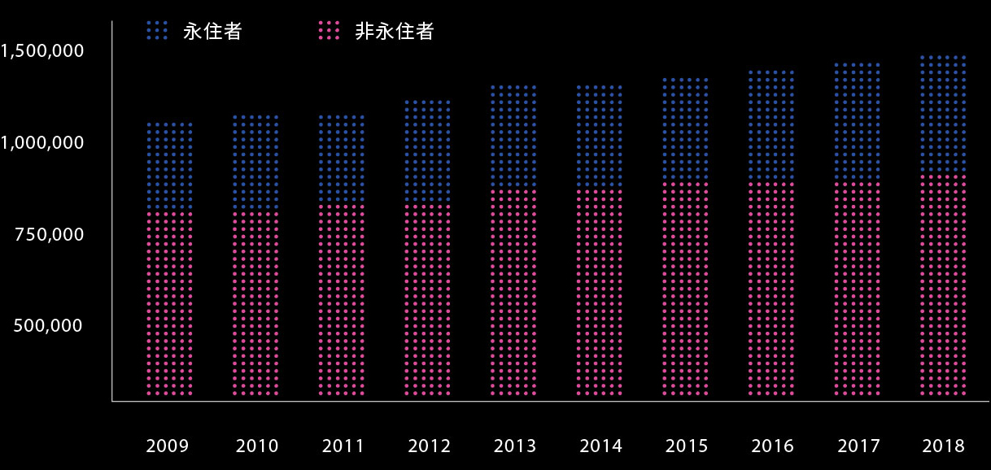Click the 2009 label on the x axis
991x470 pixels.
tap(168, 446)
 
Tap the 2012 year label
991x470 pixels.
tap(429, 446)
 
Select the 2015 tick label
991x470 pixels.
tap(687, 446)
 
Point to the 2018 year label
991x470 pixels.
tap(944, 446)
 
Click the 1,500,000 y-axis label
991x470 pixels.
tap(42, 51)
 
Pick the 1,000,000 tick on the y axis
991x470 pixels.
tap(42, 142)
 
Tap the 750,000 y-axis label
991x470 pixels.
tap(50, 234)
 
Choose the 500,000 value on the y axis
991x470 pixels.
tap(50, 325)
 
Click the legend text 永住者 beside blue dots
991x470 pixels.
tap(212, 32)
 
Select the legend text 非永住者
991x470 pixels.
tap(395, 32)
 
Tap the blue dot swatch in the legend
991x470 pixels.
tap(157, 31)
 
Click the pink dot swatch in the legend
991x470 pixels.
tap(328, 31)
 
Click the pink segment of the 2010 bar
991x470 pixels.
tap(255, 305)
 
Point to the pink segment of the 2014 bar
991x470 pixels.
tap(600, 293)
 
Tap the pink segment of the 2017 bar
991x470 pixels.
tap(858, 289)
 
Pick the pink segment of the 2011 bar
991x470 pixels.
tap(342, 301)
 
